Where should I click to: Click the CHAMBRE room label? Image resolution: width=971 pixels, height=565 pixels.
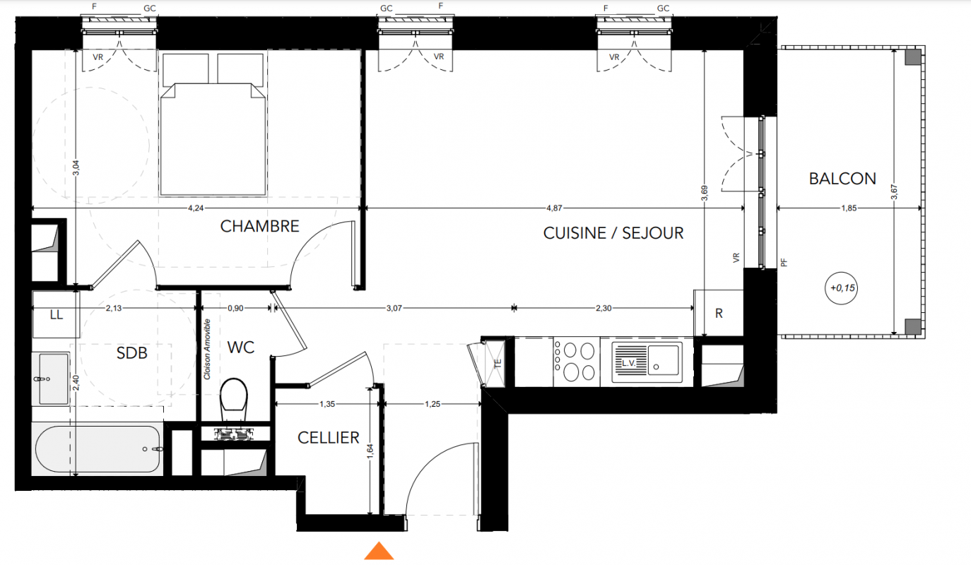(x=259, y=226)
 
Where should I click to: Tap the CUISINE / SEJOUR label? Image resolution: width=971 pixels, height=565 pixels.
(x=613, y=233)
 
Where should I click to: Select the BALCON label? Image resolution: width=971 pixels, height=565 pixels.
(x=842, y=179)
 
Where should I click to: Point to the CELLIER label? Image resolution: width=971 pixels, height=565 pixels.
(x=329, y=438)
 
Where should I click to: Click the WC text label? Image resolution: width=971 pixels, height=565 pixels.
(x=240, y=347)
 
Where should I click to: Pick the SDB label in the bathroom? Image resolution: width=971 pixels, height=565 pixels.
(x=131, y=353)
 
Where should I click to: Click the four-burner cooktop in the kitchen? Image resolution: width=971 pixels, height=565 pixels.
(x=577, y=362)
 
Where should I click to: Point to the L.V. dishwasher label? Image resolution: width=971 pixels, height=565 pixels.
(x=628, y=363)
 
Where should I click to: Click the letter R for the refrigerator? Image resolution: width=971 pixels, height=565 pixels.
(x=719, y=314)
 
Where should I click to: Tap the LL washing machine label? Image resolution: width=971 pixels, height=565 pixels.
(x=57, y=314)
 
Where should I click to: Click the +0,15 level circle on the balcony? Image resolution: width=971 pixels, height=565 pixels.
(x=842, y=288)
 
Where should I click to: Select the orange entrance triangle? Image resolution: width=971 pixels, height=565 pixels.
(x=379, y=551)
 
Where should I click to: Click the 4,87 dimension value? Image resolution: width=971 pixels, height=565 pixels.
(x=554, y=208)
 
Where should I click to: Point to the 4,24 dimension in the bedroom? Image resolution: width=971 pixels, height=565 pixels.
(x=196, y=208)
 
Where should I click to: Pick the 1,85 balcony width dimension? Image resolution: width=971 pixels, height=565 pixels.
(x=849, y=208)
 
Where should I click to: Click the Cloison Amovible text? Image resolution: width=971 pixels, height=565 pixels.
(x=207, y=349)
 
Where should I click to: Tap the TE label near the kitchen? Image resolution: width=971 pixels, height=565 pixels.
(x=498, y=364)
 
